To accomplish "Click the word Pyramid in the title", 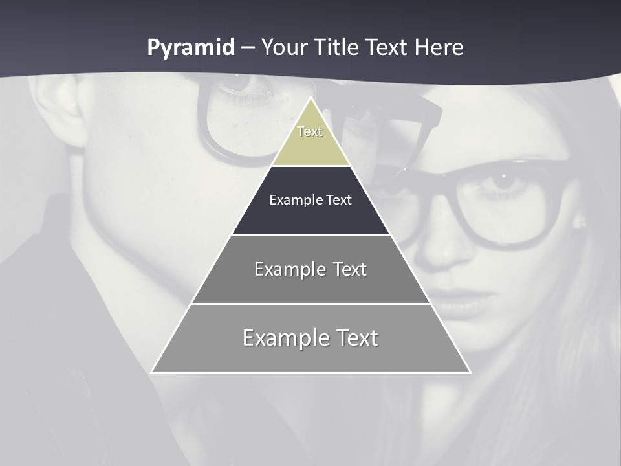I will (190, 48).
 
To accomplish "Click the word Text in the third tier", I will (350, 269).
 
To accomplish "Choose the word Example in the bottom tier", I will (285, 338).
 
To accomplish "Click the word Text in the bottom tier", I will (356, 338).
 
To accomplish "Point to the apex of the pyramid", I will (310, 98).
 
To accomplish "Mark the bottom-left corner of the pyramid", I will (152, 372).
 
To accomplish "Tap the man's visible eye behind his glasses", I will (241, 83).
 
